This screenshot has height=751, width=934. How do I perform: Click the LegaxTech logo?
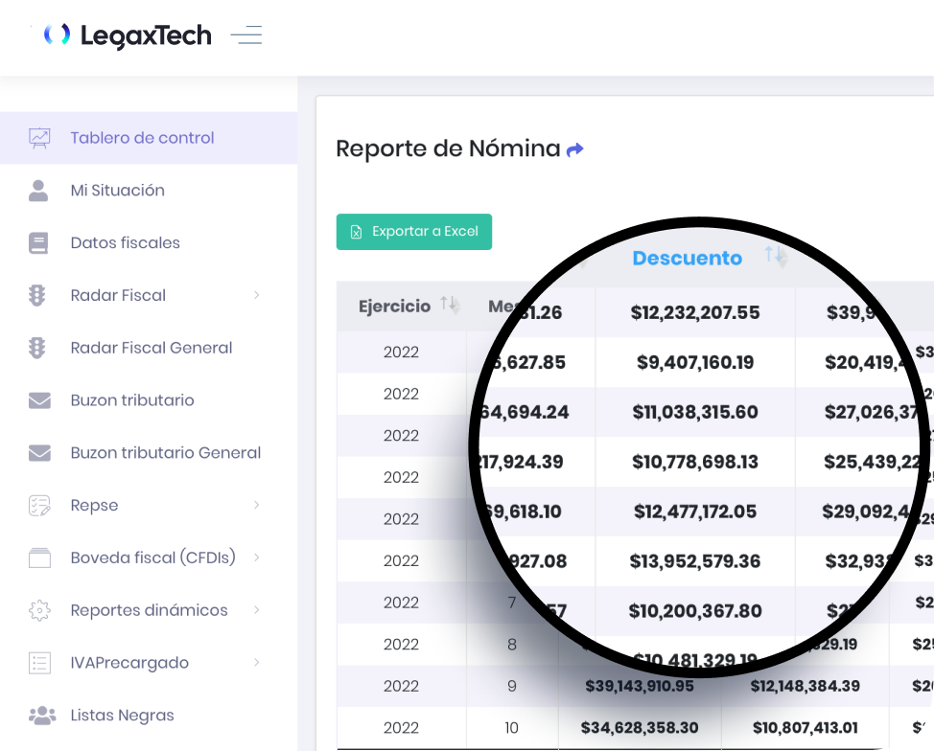[128, 35]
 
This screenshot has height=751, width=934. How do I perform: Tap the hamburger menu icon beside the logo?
[246, 35]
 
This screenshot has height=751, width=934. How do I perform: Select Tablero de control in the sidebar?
[142, 138]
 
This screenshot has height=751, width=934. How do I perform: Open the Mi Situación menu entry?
[117, 191]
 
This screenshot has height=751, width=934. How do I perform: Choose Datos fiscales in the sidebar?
[125, 243]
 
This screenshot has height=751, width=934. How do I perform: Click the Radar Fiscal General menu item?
[151, 348]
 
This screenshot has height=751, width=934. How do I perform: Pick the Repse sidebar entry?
[94, 505]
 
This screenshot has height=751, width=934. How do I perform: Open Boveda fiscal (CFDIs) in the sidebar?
[152, 558]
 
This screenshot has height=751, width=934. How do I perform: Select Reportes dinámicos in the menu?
[149, 610]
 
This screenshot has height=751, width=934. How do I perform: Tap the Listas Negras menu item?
[122, 716]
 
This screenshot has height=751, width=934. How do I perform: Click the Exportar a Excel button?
[413, 232]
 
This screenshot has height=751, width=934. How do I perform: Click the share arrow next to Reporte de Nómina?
[575, 149]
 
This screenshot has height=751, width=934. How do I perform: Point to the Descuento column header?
[687, 258]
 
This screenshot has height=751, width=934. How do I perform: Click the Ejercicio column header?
[394, 307]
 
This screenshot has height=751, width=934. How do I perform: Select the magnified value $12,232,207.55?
[695, 312]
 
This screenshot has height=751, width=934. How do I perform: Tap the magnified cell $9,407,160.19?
[695, 362]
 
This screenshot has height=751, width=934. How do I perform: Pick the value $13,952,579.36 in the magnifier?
[695, 561]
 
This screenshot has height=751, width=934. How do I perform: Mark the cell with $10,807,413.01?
[805, 728]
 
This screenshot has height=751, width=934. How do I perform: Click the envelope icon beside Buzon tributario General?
[39, 452]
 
